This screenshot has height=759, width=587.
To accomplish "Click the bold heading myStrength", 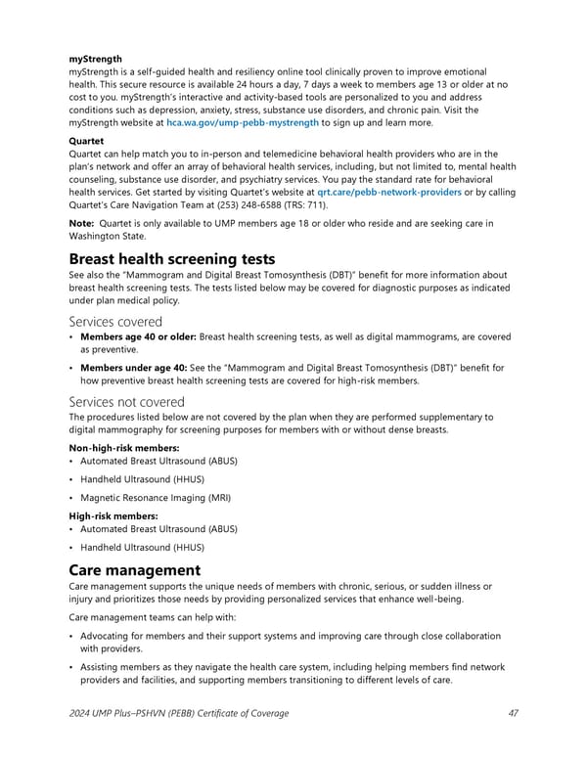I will coord(95,59).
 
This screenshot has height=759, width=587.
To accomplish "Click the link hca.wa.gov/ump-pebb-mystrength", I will coord(242,123).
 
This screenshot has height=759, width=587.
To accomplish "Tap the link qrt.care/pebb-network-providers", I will coord(383,192).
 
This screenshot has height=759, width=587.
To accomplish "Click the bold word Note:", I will coord(81,224).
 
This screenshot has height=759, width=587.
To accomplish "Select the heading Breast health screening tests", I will coord(172,259).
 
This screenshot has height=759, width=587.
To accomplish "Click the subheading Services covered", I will coord(115,321).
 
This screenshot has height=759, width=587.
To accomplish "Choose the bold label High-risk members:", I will coord(110,515).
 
